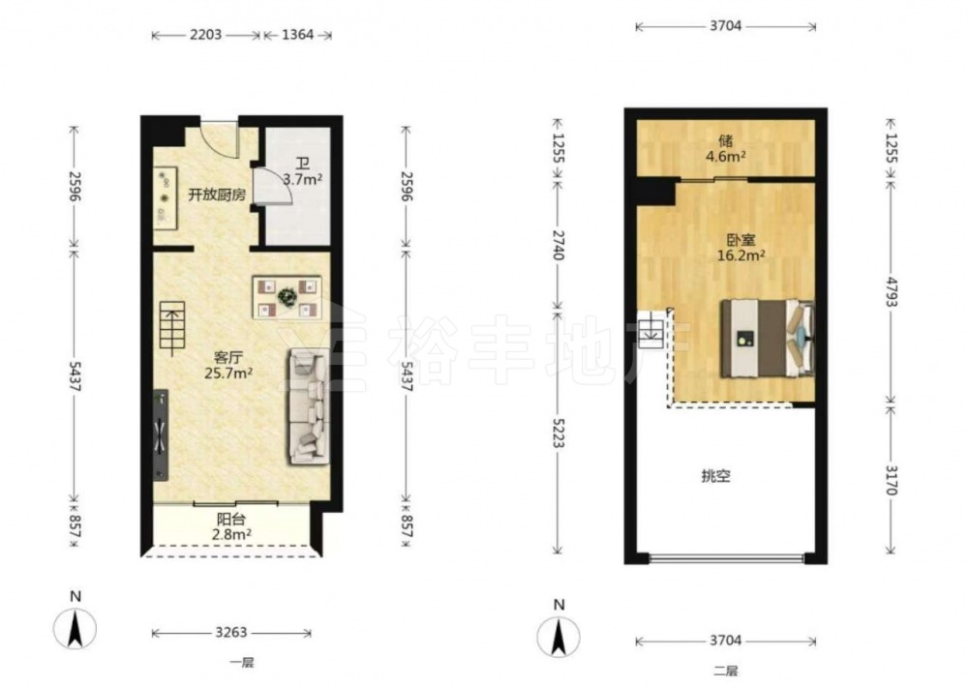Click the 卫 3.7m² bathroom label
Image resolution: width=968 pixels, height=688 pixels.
303,172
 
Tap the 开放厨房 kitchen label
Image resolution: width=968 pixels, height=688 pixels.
217,195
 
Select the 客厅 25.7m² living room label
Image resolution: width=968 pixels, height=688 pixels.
228,365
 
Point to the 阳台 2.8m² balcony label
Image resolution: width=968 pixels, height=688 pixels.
231,527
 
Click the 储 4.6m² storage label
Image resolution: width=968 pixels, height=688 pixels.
726,149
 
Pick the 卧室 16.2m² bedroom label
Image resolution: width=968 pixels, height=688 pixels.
741,248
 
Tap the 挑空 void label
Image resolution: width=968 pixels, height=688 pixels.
716,476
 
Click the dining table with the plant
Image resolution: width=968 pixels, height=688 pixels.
287,297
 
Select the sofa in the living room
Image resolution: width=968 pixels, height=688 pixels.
308,406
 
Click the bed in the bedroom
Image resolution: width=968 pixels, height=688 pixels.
768,338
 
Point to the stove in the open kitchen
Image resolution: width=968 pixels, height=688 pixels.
165,198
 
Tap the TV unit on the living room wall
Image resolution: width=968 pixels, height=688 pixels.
161,435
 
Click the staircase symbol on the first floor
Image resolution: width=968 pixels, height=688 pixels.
172,329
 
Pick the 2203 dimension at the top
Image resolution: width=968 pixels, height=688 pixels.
205,35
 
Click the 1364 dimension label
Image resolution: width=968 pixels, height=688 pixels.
297,35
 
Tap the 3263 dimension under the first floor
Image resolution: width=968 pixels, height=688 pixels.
231,633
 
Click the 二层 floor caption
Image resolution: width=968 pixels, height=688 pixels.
726,671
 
